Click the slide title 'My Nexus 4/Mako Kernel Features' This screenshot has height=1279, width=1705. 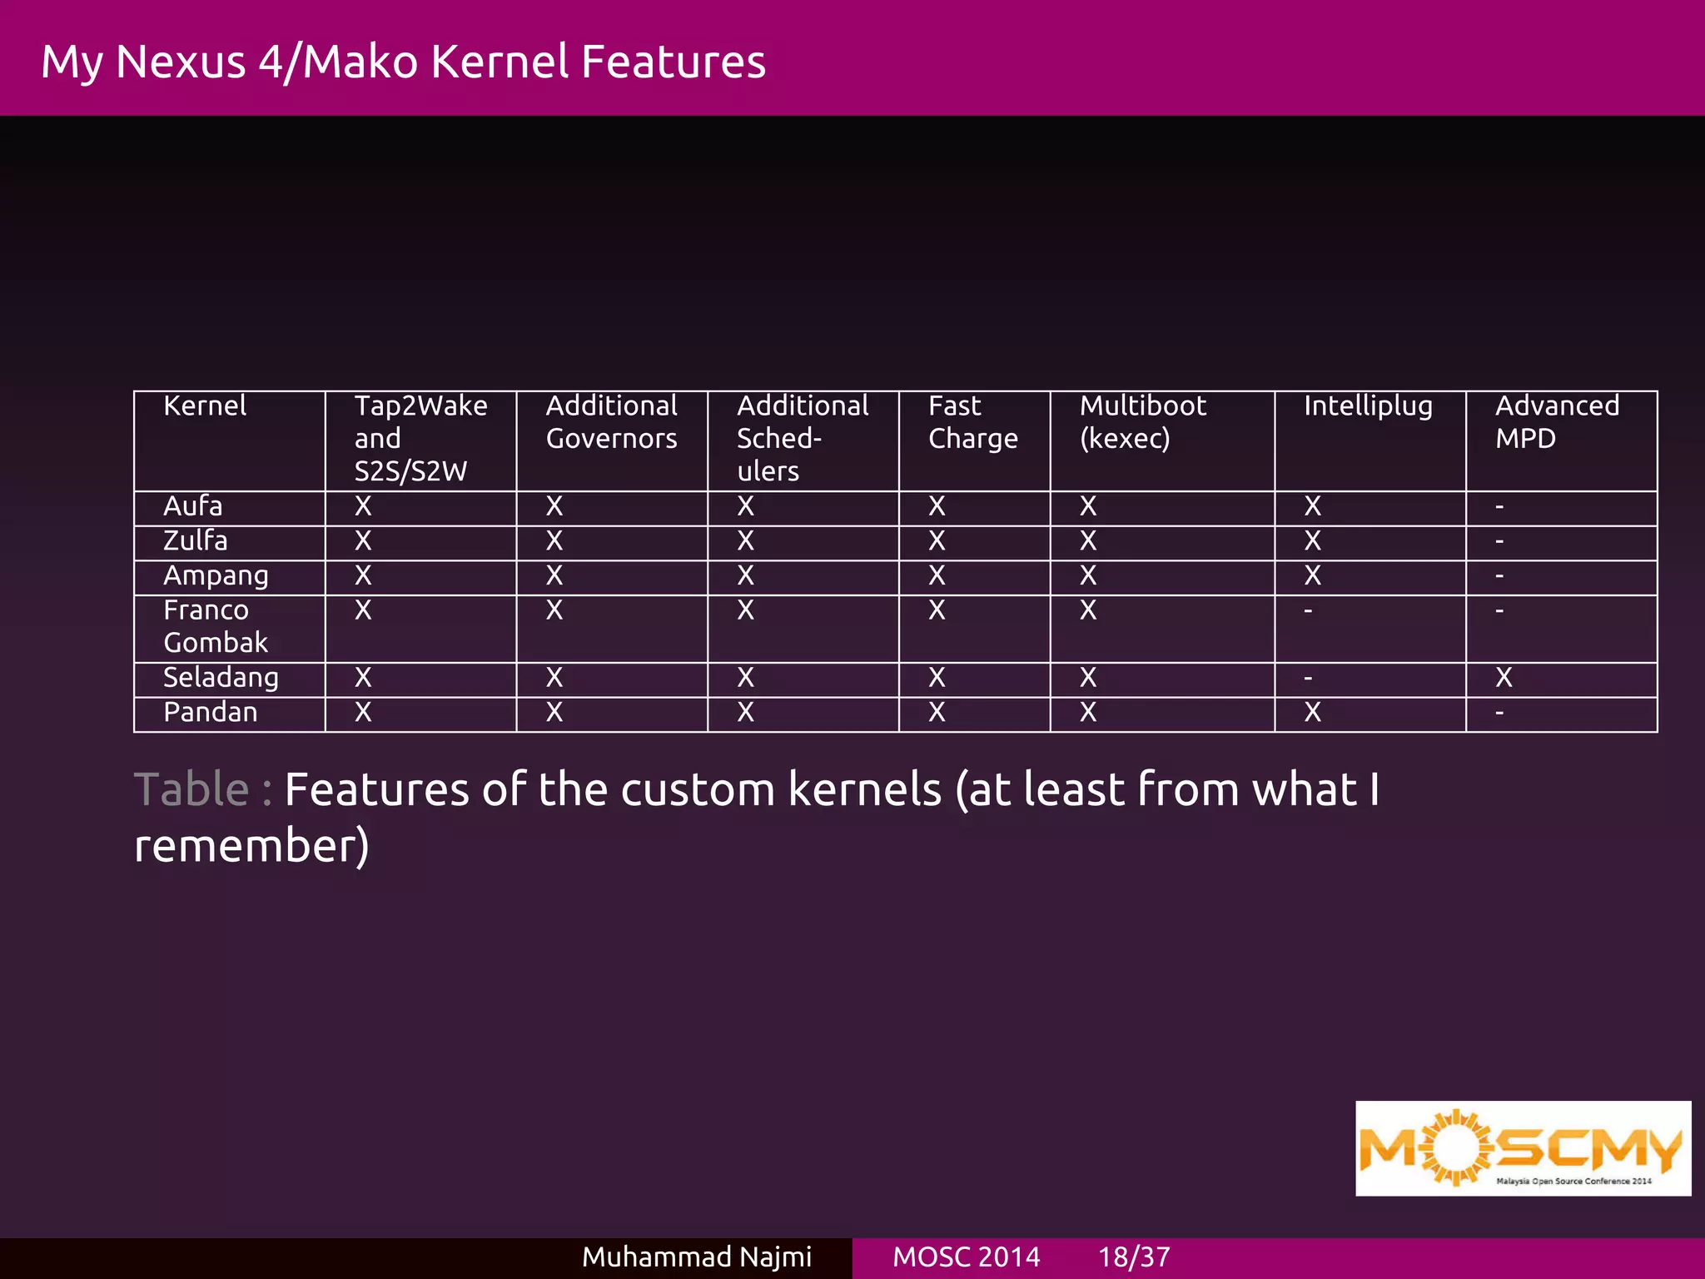[x=403, y=62]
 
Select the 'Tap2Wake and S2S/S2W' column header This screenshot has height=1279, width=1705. [x=420, y=438]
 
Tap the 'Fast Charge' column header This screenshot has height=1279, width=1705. [x=972, y=422]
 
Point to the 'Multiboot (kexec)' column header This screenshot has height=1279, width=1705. [x=1142, y=422]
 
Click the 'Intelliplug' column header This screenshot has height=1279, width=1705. [x=1368, y=406]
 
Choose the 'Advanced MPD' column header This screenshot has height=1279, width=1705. [x=1557, y=422]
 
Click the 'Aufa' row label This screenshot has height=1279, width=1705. [x=193, y=506]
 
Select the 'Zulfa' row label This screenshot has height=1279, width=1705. [x=196, y=541]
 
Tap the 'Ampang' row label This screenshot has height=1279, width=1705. [x=216, y=576]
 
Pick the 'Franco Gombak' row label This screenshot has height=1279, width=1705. [x=215, y=626]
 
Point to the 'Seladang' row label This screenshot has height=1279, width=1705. [x=221, y=678]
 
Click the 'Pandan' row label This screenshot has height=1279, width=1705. [x=211, y=713]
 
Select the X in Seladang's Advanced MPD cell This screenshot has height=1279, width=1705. [x=1504, y=678]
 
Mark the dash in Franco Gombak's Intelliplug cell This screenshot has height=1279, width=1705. [x=1308, y=611]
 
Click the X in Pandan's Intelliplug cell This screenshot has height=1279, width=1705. [x=1313, y=713]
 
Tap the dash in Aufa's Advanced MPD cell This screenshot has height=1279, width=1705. [x=1499, y=506]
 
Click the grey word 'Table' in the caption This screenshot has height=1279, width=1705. [x=191, y=789]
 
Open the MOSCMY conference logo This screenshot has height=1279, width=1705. [x=1523, y=1148]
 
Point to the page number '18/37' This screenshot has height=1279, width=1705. [x=1134, y=1257]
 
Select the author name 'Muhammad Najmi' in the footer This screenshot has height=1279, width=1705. [x=696, y=1257]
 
